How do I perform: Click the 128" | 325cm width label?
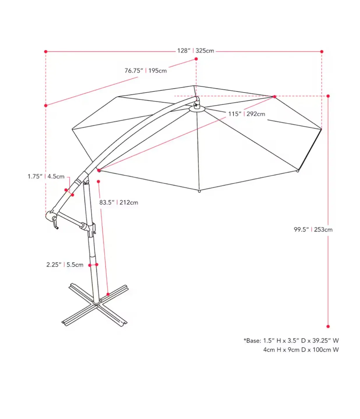point(195,51)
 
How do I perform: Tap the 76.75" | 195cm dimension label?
point(146,71)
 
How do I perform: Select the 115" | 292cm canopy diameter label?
point(247,114)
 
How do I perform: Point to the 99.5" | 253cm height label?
point(313,230)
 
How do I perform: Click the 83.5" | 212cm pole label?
point(119,203)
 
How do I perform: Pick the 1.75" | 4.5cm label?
point(46,176)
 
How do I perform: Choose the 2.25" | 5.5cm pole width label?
point(65,265)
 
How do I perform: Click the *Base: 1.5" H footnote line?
point(291,340)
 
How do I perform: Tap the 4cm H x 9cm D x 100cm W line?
point(301,350)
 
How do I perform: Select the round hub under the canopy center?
point(197,109)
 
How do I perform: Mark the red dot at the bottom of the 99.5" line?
point(328,326)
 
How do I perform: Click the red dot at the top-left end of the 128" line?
point(46,52)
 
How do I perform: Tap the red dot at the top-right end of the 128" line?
point(322,52)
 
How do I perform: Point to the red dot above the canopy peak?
point(196,59)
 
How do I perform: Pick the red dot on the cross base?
point(108,294)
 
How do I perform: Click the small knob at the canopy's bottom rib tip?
point(199,191)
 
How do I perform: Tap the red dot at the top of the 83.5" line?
point(98,182)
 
